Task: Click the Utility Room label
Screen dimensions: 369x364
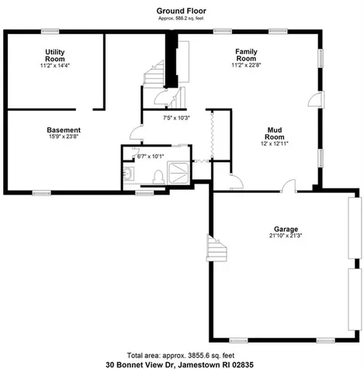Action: tap(55, 54)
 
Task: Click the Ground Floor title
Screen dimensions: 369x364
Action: tap(180, 10)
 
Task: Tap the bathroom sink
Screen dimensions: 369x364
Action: tap(128, 173)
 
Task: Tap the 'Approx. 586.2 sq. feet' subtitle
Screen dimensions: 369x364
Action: tap(180, 18)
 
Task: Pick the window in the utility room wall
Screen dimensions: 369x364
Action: tap(52, 31)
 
